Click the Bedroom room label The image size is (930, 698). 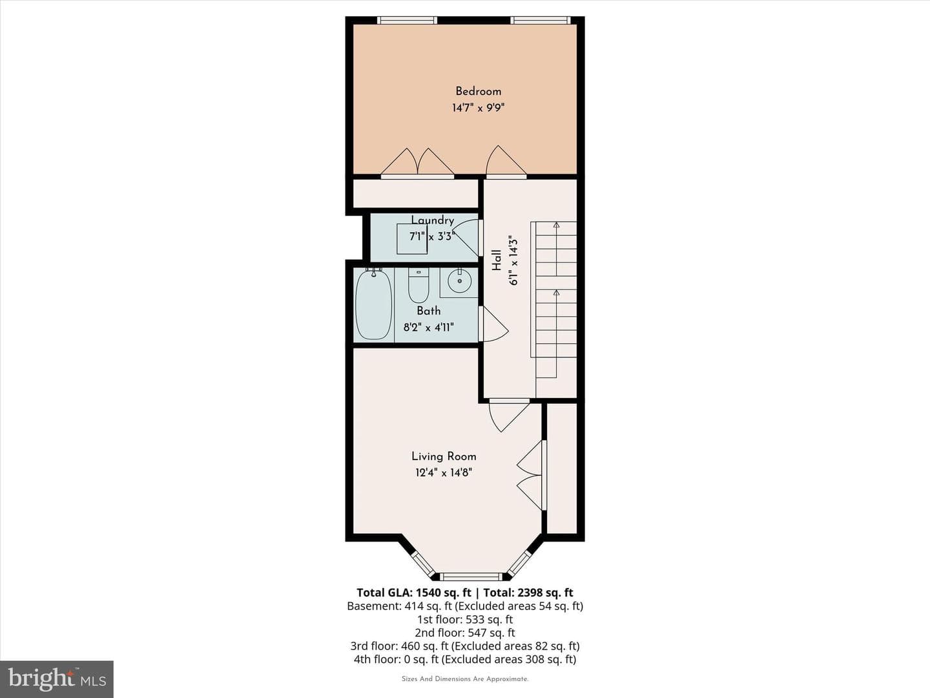click(x=478, y=92)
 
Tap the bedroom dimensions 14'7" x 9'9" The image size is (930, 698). click(x=478, y=108)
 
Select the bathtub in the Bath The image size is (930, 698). click(x=373, y=304)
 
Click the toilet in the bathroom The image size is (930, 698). click(x=418, y=285)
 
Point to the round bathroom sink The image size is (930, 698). click(x=459, y=280)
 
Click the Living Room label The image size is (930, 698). click(x=444, y=456)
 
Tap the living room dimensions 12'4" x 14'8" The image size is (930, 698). click(x=444, y=472)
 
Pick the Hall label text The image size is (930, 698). click(x=497, y=260)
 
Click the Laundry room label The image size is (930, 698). click(x=433, y=220)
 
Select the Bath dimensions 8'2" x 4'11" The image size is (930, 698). click(x=428, y=327)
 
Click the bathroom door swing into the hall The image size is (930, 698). click(x=495, y=324)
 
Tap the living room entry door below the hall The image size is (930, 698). click(x=508, y=416)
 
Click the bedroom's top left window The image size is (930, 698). click(x=407, y=20)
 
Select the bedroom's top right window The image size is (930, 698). click(x=540, y=20)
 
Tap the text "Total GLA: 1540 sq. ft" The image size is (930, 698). click(x=413, y=593)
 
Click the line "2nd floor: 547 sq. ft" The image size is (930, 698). click(x=465, y=633)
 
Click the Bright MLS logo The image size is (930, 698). click(x=57, y=679)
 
